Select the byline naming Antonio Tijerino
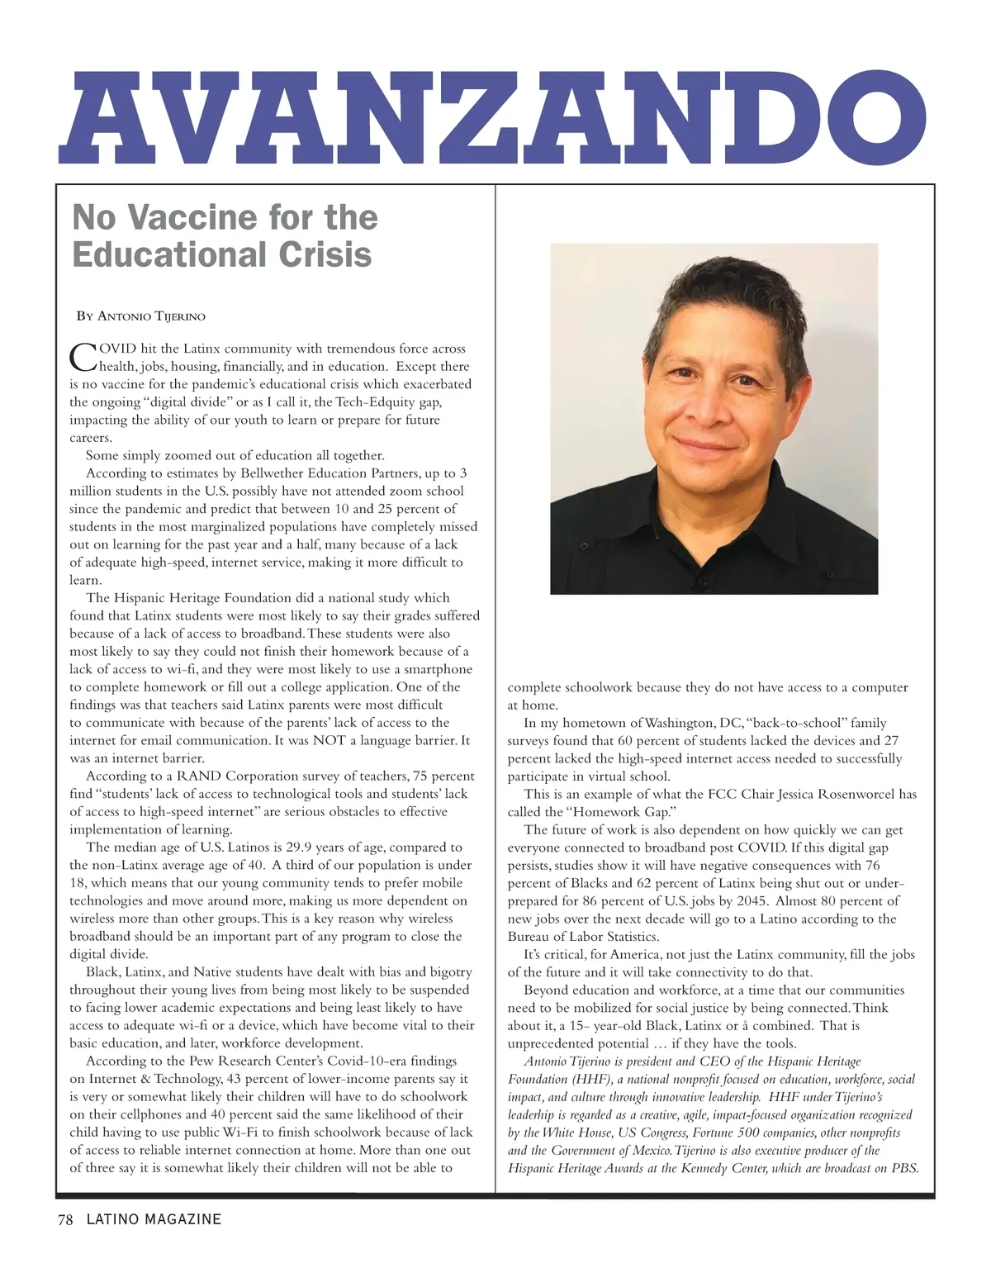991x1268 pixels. point(141,316)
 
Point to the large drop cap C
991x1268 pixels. point(83,357)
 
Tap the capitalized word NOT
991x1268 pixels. point(329,740)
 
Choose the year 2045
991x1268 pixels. point(747,900)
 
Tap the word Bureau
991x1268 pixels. point(529,937)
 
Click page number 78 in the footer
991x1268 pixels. point(65,1219)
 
